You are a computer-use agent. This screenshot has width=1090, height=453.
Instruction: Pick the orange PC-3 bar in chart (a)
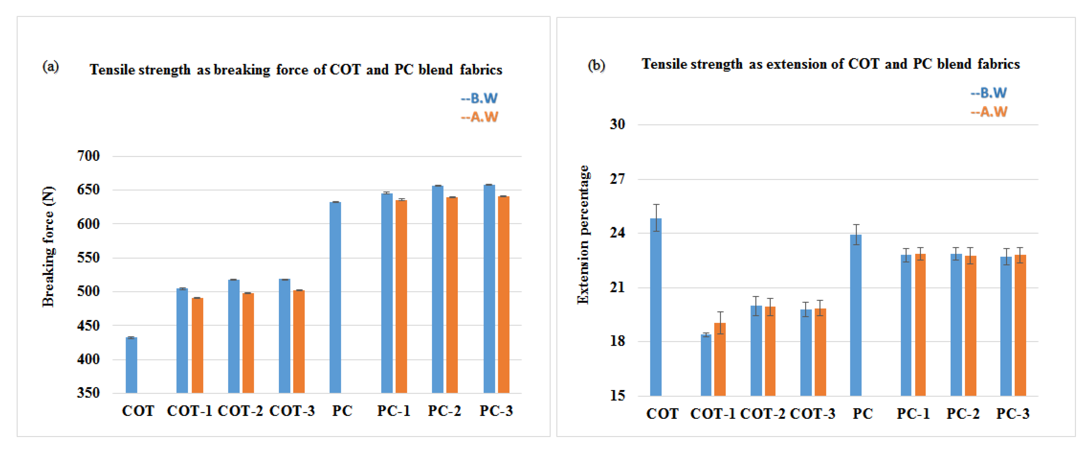504,294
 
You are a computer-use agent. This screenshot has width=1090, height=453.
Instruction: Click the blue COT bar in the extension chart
656,307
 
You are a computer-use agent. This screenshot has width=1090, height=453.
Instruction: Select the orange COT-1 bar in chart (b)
720,360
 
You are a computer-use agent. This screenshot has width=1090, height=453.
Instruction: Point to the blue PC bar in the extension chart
855,315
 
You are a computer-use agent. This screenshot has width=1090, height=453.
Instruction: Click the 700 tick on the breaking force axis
88,156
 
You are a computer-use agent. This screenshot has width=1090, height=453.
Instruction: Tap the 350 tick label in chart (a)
88,393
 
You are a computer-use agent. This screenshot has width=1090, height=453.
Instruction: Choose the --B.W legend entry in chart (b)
989,93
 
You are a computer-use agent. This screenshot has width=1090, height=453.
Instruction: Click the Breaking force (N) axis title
49,247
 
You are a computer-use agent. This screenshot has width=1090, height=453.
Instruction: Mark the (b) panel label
596,66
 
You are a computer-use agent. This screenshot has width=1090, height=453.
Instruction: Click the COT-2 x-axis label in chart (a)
240,411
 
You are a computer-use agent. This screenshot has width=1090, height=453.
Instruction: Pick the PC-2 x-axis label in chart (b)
963,414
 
